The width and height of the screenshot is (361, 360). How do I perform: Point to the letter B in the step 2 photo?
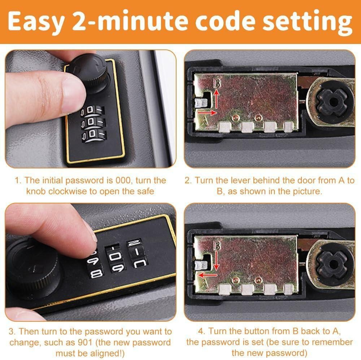pyautogui.click(x=217, y=83)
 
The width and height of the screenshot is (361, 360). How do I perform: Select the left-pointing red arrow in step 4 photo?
pyautogui.click(x=208, y=275)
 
